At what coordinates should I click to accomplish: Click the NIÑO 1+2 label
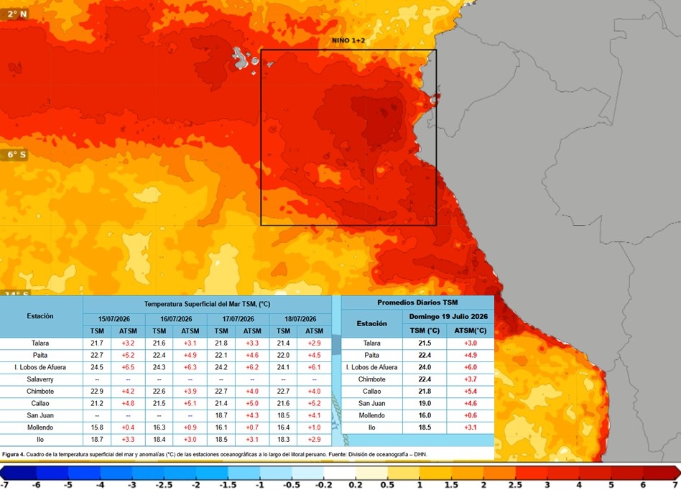pyautogui.click(x=348, y=41)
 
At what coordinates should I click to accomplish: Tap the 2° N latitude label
pyautogui.click(x=17, y=14)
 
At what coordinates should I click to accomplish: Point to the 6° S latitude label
pyautogui.click(x=17, y=154)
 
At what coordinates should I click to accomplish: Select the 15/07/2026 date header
pyautogui.click(x=114, y=319)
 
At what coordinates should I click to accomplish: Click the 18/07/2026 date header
pyautogui.click(x=300, y=319)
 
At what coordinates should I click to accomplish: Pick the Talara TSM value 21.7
pyautogui.click(x=97, y=343)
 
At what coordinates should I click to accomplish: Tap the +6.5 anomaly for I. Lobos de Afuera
pyautogui.click(x=128, y=367)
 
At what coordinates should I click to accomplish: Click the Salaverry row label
pyautogui.click(x=40, y=379)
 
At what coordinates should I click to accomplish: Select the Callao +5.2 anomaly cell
pyautogui.click(x=314, y=403)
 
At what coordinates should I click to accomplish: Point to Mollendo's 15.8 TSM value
pyautogui.click(x=97, y=427)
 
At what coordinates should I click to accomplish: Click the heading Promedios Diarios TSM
pyautogui.click(x=417, y=302)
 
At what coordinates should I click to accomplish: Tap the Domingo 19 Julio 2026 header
pyautogui.click(x=448, y=316)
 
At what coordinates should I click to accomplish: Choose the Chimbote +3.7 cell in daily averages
pyautogui.click(x=470, y=379)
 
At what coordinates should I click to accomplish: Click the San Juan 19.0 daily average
pyautogui.click(x=425, y=403)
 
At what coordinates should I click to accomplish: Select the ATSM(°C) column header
pyautogui.click(x=470, y=330)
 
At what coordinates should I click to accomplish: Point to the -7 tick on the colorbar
pyautogui.click(x=4, y=485)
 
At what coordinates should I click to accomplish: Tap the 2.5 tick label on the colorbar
pyautogui.click(x=515, y=485)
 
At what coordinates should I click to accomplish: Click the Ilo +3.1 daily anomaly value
pyautogui.click(x=470, y=427)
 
